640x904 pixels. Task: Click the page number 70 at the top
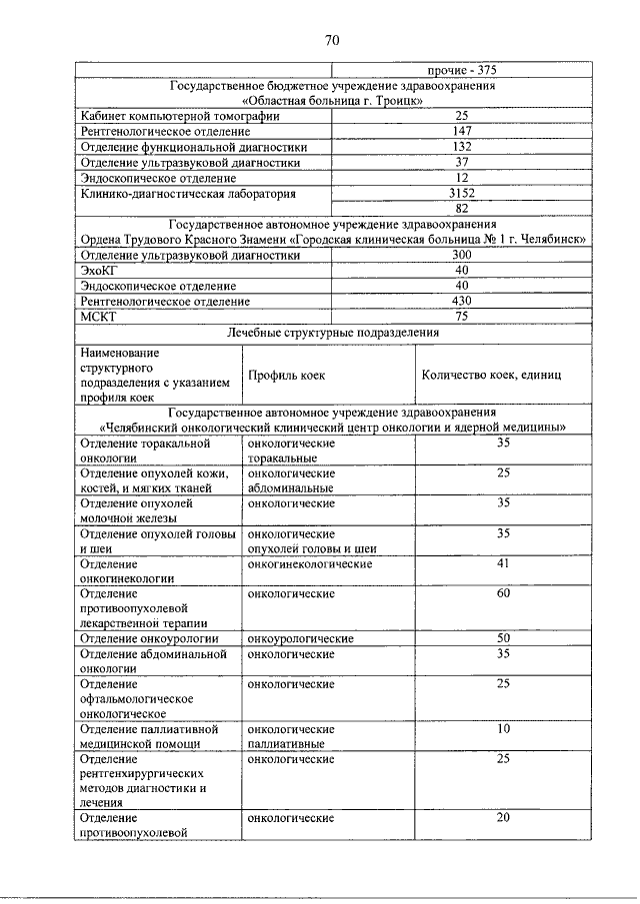pos(333,40)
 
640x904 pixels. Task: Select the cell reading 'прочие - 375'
pos(461,71)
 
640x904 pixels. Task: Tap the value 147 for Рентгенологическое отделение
pos(461,131)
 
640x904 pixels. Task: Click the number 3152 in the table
pos(461,193)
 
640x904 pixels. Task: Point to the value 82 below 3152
pos(461,209)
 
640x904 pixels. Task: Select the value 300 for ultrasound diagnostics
pos(461,256)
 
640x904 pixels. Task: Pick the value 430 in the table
pos(461,301)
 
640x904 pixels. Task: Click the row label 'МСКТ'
pos(98,317)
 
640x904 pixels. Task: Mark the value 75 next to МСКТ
pos(461,316)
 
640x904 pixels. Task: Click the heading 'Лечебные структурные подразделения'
pos(333,333)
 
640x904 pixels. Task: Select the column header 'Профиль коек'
pos(287,376)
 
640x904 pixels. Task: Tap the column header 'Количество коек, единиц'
pos(492,376)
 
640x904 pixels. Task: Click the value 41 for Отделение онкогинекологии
pos(503,563)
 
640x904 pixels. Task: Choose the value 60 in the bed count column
pos(503,593)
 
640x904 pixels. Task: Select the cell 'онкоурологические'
pos(301,638)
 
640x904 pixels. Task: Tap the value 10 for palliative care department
pos(503,729)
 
